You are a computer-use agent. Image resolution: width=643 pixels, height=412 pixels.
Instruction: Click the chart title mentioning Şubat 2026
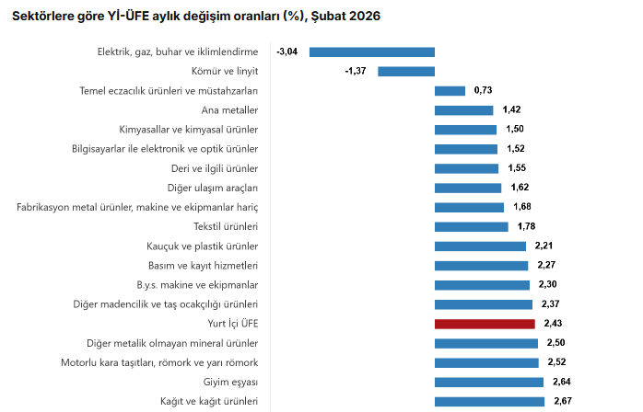pos(195,17)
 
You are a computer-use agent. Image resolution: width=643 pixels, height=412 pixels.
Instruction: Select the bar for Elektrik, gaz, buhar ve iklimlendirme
pos(371,51)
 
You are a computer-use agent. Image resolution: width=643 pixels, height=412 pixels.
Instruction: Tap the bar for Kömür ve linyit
pos(405,71)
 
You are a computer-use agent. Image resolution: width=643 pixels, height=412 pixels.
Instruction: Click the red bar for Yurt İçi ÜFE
pos(485,324)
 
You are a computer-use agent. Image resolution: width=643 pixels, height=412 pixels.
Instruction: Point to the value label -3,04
pos(286,51)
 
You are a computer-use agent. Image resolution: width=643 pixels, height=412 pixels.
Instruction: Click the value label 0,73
pos(484,90)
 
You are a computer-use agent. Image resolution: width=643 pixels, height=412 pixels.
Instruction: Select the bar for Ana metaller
pos(463,110)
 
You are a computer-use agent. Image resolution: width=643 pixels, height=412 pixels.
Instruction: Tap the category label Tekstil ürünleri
pos(226,226)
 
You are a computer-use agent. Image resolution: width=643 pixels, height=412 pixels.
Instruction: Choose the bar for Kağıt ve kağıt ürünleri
pos(489,401)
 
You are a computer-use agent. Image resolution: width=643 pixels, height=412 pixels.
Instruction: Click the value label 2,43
pos(553,324)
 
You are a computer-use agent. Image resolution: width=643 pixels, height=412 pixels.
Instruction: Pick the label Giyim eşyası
pos(230,382)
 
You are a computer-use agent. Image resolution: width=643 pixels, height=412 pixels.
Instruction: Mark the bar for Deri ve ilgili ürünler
pos(466,168)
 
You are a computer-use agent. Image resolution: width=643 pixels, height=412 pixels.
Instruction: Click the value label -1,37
pos(356,71)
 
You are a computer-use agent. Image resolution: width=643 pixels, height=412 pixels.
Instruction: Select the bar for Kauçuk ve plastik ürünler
pos(480,246)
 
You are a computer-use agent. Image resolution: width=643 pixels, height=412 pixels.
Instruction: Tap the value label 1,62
pos(520,188)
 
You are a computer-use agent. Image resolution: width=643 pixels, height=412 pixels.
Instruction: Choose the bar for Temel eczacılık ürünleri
pos(450,90)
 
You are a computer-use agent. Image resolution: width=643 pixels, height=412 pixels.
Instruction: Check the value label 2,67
pos(563,401)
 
